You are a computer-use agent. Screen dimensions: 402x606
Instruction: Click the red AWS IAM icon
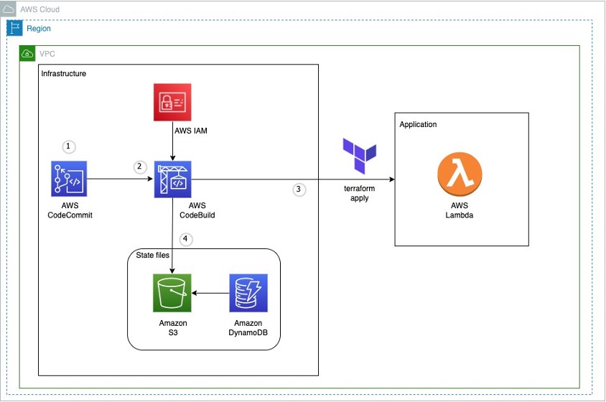click(x=172, y=101)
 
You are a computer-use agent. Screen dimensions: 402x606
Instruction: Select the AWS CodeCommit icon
click(x=69, y=179)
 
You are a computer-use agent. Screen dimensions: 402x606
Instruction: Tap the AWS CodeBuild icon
click(x=172, y=179)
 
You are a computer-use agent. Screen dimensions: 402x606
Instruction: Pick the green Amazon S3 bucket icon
click(x=172, y=292)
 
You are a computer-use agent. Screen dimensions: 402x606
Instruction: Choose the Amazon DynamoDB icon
click(x=248, y=292)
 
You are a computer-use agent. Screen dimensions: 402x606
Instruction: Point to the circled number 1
click(x=69, y=146)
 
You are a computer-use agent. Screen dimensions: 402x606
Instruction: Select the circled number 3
click(x=299, y=190)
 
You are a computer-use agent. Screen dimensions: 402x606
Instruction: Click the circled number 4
click(x=186, y=240)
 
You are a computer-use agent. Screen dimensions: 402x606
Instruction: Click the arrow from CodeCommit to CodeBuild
click(x=118, y=179)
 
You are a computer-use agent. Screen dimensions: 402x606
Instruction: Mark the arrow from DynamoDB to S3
click(x=210, y=292)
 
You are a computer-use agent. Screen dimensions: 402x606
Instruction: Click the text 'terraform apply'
click(x=360, y=193)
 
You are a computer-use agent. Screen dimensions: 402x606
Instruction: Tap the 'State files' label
click(x=151, y=256)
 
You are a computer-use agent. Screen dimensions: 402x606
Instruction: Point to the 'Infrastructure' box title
click(x=64, y=73)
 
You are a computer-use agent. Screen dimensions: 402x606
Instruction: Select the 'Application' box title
click(x=418, y=124)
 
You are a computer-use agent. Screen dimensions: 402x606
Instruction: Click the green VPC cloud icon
click(x=27, y=54)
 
